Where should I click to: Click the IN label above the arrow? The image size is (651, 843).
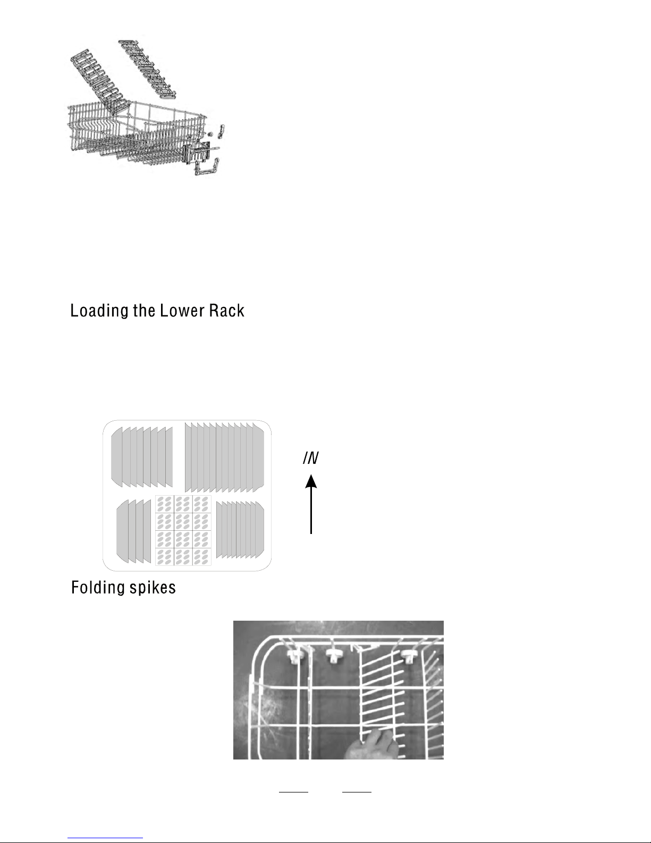click(311, 458)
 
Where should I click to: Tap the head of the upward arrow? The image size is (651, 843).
click(311, 482)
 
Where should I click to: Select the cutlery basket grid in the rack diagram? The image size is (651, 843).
click(183, 530)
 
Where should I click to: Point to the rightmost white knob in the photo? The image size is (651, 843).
click(409, 655)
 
